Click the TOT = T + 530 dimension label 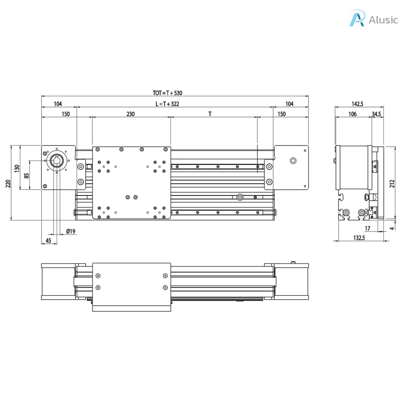(x=167, y=93)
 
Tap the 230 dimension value (x=130, y=114)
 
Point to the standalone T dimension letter (x=210, y=114)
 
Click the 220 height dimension (x=8, y=183)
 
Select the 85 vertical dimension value (x=26, y=175)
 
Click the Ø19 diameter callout (x=71, y=231)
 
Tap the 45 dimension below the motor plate (x=48, y=241)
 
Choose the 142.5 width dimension (x=357, y=104)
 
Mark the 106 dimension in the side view (x=352, y=114)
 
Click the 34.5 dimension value (x=377, y=114)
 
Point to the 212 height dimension (x=392, y=183)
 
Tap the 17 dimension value (x=367, y=228)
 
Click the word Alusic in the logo (x=383, y=20)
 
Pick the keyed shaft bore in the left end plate (x=57, y=161)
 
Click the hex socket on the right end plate (x=293, y=161)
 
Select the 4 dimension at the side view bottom (x=392, y=228)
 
